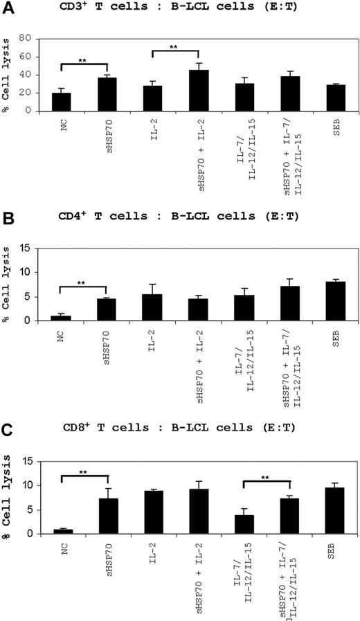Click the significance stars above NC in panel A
(x=82, y=61)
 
